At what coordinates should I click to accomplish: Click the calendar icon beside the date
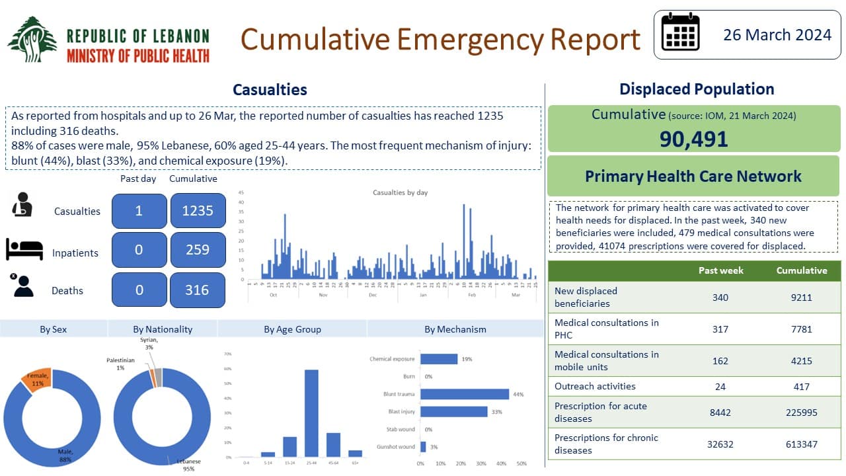coord(680,32)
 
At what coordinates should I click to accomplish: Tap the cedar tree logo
coord(32,40)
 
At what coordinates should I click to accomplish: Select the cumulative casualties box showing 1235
coord(198,211)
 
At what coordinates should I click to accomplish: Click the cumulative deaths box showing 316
coord(198,290)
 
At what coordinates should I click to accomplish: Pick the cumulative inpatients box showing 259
coord(198,249)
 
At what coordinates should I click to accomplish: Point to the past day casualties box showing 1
coord(139,211)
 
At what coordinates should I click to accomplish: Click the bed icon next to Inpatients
coord(24,249)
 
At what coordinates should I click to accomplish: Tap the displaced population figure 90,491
coord(693,139)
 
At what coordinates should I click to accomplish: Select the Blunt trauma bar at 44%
coord(465,394)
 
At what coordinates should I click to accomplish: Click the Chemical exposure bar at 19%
coord(439,359)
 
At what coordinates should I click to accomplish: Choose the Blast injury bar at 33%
coord(454,412)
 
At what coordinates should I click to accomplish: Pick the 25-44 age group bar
coord(311,413)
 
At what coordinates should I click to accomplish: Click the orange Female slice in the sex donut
coord(37,378)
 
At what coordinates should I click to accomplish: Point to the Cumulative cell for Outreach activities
coord(801,386)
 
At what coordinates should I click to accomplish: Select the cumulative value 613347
coord(801,444)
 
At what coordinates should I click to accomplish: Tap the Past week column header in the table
coord(720,270)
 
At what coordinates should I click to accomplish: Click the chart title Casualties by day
coord(400,192)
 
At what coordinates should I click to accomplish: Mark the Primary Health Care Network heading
coord(693,177)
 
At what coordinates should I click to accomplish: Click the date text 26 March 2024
coord(777,34)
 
